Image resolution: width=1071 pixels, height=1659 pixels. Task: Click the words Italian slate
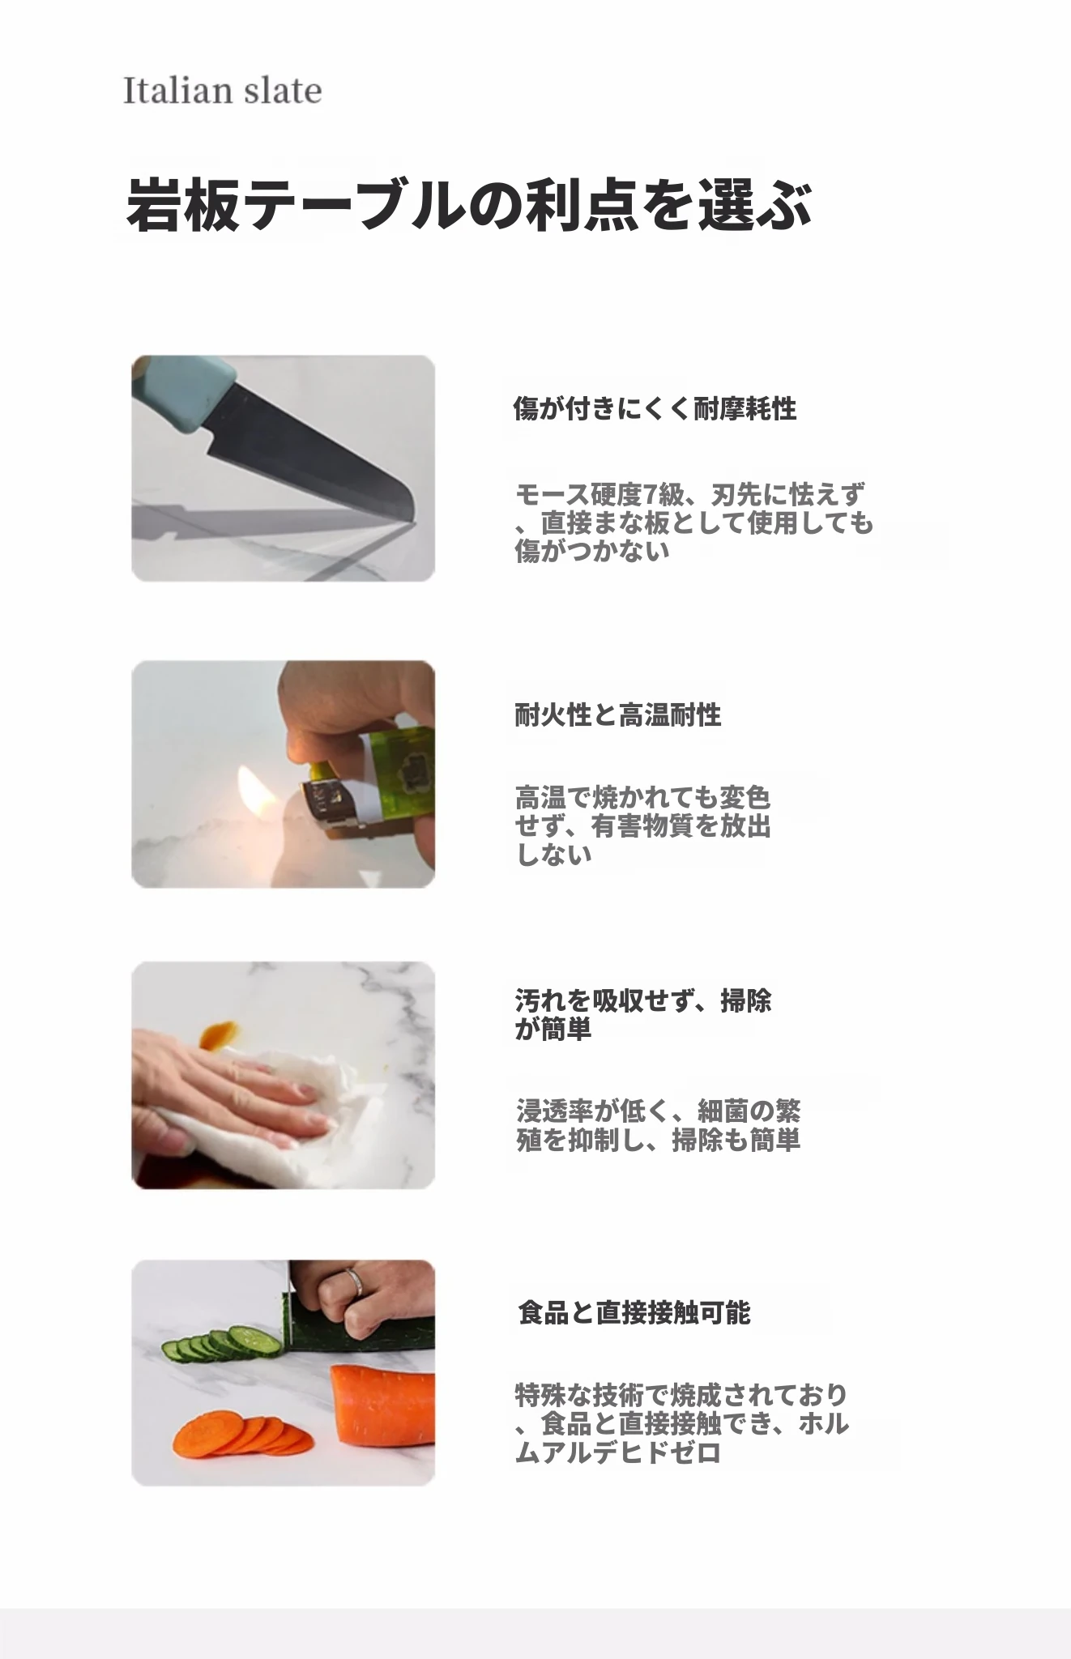click(222, 91)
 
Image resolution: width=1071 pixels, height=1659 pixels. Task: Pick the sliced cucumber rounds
click(223, 1343)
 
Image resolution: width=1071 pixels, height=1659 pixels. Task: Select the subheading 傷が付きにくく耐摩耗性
click(655, 409)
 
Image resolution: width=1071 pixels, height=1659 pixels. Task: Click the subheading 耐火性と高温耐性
click(617, 715)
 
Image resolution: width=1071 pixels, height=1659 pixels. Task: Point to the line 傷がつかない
click(592, 552)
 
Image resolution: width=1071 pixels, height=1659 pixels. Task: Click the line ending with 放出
click(643, 827)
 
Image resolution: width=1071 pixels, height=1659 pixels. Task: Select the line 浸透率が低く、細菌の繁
click(658, 1111)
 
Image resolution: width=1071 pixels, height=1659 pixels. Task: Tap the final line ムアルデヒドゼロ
click(618, 1452)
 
